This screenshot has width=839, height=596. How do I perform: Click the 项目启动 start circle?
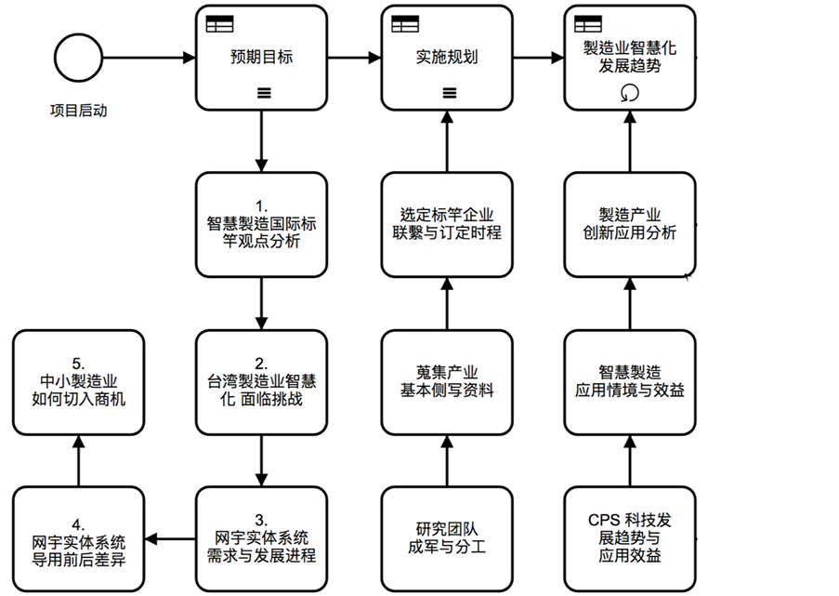point(77,58)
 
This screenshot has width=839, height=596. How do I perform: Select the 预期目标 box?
point(261,58)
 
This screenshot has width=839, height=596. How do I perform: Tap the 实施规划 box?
point(447,58)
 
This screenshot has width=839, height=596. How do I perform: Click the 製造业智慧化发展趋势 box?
point(630,58)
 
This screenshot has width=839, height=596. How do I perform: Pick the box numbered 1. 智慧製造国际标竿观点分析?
point(261,224)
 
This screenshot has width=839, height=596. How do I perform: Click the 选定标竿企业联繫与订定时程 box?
point(447,224)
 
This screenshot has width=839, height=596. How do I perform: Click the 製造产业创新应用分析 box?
point(630,224)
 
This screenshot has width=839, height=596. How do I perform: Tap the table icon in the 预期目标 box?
point(220,23)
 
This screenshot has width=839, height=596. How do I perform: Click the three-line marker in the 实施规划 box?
point(448,92)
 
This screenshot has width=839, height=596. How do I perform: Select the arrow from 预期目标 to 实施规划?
point(354,58)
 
